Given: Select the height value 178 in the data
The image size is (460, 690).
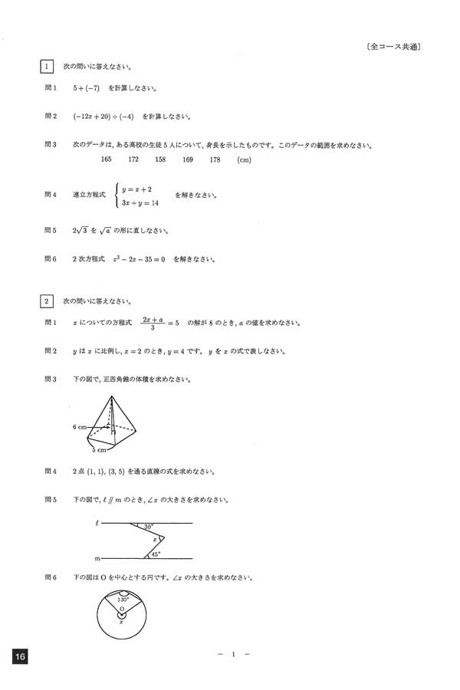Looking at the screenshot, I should [x=215, y=159].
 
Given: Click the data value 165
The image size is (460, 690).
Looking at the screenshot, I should [x=107, y=159].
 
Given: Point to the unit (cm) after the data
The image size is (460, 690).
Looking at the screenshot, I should [x=245, y=159].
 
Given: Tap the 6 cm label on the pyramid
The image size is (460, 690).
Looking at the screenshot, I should [x=79, y=426].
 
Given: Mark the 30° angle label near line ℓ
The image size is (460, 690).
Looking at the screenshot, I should [x=147, y=527].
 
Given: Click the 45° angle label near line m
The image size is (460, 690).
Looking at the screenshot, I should [x=156, y=554].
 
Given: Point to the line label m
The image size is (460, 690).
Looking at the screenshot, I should [x=96, y=559].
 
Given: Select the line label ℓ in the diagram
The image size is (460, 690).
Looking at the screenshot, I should [x=97, y=523].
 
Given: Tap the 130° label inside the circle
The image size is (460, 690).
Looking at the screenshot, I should [x=122, y=599].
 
